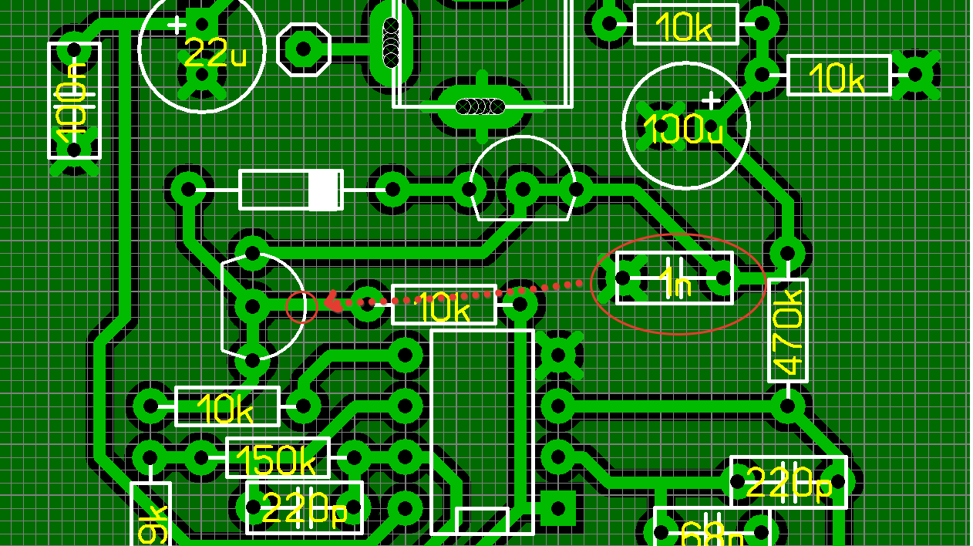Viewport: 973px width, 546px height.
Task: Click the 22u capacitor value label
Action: point(215,54)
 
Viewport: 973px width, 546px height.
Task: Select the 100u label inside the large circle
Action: point(683,130)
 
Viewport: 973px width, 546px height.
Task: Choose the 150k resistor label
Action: point(276,460)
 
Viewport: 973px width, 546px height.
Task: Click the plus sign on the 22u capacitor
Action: point(177,25)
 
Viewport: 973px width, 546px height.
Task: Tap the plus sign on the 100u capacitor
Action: point(711,101)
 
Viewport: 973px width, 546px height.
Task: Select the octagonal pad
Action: point(303,49)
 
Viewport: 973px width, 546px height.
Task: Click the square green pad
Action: point(557,508)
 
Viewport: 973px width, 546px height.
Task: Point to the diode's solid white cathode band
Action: point(325,190)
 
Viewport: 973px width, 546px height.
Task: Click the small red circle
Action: point(301,306)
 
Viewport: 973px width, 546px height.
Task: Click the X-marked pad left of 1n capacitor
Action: point(623,278)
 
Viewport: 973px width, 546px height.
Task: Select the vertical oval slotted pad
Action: point(391,42)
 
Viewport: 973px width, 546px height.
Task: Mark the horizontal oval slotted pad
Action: point(480,106)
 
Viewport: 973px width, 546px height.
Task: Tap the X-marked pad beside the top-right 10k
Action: point(915,75)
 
